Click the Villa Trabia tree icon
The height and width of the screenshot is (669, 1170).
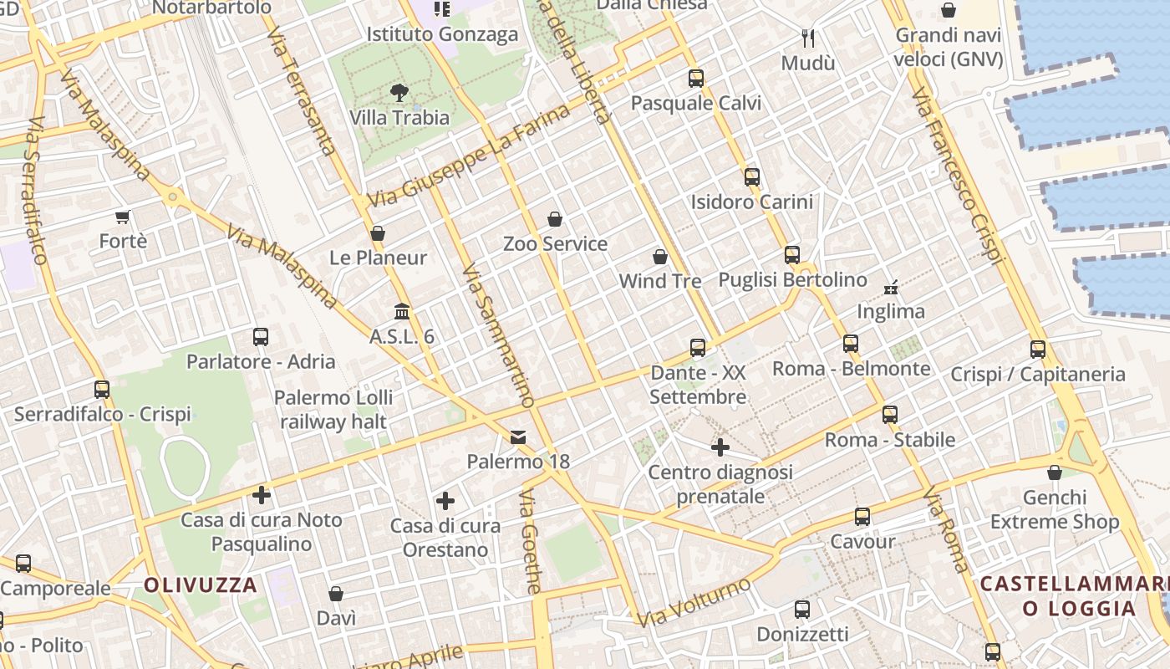(x=399, y=93)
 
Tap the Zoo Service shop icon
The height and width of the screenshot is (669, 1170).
(x=555, y=219)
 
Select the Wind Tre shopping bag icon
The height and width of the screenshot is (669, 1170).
(x=660, y=257)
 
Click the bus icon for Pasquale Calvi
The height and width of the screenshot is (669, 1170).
(x=696, y=79)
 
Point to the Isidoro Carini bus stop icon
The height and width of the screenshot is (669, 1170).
(x=752, y=177)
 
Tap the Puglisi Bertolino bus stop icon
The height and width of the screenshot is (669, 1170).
(x=792, y=255)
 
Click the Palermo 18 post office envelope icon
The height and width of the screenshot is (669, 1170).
(x=518, y=437)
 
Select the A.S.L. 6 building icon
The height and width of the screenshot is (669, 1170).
(x=402, y=312)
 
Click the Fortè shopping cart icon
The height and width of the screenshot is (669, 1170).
(x=123, y=217)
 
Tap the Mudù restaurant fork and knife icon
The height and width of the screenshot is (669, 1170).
(x=808, y=38)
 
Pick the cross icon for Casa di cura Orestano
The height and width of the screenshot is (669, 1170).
(x=445, y=501)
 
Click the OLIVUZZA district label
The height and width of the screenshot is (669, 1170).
(x=201, y=585)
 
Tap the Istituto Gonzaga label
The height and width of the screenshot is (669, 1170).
(x=443, y=34)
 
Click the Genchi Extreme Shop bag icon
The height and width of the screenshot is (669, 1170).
(x=1055, y=472)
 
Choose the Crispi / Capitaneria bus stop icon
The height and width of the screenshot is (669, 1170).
(x=1038, y=350)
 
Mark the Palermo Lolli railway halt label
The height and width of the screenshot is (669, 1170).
(x=333, y=409)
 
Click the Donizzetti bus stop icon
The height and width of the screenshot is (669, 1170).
(x=802, y=610)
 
